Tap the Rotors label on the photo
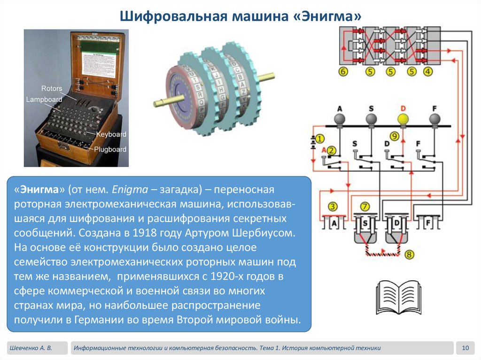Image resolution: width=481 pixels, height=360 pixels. pos(51,89)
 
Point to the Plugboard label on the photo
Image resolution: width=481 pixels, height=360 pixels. pos(110,149)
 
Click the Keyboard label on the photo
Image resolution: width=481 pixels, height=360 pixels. pos(111,134)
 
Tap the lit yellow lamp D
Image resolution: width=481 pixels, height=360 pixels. pos(403,119)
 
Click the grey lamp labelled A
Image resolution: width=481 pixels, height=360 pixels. pos(339,119)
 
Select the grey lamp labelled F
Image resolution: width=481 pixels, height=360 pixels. pos(435,119)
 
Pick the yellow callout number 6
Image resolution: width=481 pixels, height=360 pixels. pos(343,72)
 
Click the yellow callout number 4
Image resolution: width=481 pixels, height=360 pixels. pos(427,72)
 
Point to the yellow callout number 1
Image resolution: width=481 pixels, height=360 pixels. pos(319,138)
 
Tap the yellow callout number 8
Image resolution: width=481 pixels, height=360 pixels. pos(410,255)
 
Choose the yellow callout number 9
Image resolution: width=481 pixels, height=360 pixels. pos(394,137)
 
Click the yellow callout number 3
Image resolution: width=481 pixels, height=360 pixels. pos(333,207)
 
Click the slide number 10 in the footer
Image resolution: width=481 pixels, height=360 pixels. pos(465,348)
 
